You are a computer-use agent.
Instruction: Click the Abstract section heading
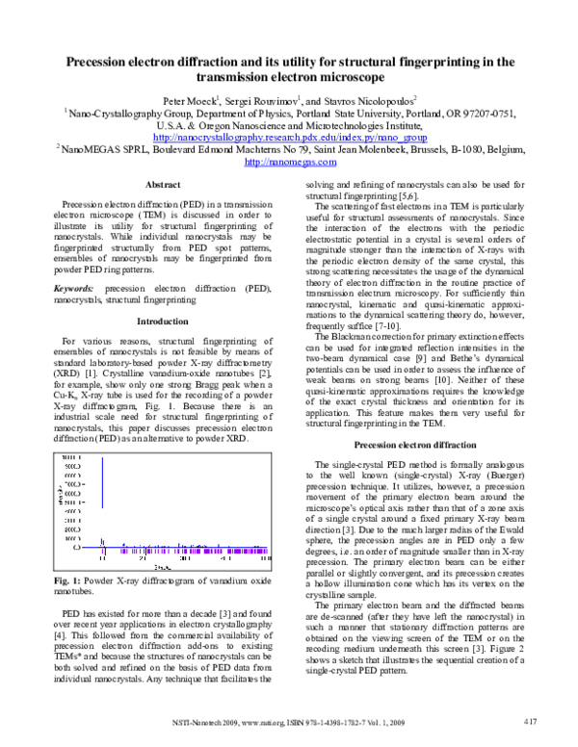[x=161, y=184]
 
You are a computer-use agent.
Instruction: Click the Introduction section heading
[x=161, y=294]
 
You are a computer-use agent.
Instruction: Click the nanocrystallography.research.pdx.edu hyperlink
[x=289, y=138]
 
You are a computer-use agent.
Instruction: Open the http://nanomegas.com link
[x=289, y=163]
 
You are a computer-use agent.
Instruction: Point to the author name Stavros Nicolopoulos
[x=373, y=99]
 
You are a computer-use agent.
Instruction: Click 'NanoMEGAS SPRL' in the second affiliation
[x=102, y=150]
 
